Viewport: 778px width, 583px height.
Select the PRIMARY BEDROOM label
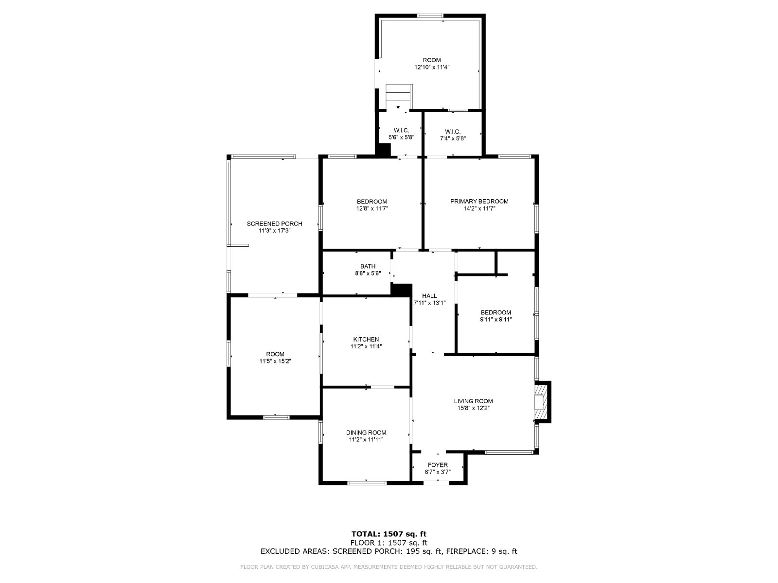click(479, 201)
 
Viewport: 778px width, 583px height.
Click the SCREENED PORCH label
click(274, 223)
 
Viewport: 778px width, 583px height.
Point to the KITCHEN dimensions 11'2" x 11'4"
click(366, 346)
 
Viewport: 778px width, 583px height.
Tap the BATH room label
click(368, 266)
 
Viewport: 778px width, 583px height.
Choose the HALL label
click(429, 295)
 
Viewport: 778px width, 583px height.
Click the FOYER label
click(438, 465)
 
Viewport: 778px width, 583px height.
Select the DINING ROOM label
click(366, 432)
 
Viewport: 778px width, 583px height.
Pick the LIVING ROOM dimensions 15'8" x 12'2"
click(473, 408)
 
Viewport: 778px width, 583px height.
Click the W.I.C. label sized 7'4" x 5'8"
click(452, 131)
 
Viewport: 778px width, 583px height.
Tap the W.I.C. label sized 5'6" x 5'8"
click(401, 130)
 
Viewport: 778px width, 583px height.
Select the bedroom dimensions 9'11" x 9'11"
click(496, 319)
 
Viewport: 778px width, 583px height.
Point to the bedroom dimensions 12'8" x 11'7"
click(372, 208)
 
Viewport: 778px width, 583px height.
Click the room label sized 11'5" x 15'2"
click(275, 354)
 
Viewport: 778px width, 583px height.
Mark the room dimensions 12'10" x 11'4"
click(431, 68)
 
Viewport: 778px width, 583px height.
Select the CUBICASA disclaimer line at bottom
click(389, 567)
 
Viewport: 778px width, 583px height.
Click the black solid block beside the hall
click(401, 290)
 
